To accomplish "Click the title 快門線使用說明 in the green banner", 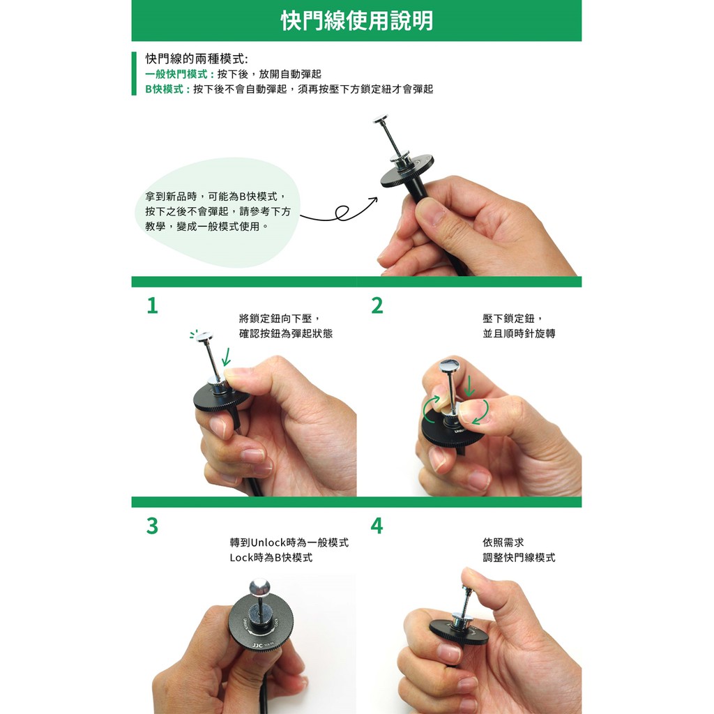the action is coord(356,20).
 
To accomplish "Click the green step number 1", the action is coord(153,305).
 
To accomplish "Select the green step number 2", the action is coord(377,305).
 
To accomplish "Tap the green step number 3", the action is coord(153,526).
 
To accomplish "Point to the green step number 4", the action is coord(377,526).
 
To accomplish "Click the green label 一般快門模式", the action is coord(176,74).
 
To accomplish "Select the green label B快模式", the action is coord(165,89).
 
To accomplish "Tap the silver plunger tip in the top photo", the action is coord(380,119).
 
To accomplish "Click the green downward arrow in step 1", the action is coord(226,357).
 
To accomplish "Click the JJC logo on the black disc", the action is coord(257,645).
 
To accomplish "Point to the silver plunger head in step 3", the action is coord(259,586).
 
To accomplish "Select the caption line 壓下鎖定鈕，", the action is coord(512,318).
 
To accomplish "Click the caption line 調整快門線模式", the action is coord(519,557).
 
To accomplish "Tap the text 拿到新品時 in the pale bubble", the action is coord(172,196).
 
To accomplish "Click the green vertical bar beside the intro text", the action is coord(134,73).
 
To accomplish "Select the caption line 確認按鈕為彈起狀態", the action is coord(286,333).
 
